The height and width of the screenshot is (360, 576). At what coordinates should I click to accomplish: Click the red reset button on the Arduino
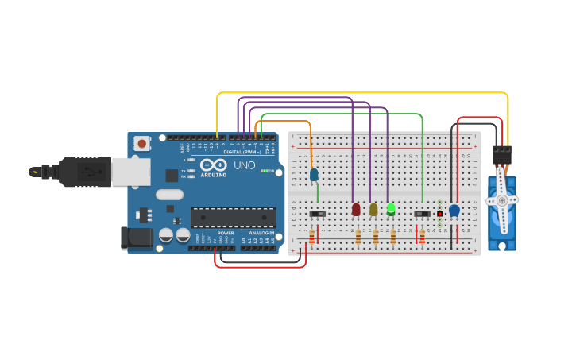(x=141, y=144)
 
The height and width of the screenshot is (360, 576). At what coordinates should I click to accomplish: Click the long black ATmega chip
(x=233, y=218)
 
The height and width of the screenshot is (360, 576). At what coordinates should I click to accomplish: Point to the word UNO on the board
(x=244, y=165)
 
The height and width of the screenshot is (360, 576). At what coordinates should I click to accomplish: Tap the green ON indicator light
(x=263, y=171)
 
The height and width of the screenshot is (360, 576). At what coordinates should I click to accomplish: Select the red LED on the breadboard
(x=356, y=210)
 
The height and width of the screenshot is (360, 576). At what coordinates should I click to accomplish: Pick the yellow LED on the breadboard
(x=373, y=210)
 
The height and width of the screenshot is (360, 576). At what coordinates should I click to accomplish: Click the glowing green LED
(x=391, y=209)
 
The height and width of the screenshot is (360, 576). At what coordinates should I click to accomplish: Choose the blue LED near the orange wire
(x=314, y=174)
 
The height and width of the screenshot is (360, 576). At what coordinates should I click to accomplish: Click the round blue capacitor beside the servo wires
(x=454, y=211)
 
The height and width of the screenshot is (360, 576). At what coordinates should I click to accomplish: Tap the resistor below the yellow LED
(x=376, y=236)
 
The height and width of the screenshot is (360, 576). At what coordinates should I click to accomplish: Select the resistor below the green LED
(x=393, y=236)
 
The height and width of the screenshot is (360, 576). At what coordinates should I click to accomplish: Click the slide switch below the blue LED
(x=317, y=214)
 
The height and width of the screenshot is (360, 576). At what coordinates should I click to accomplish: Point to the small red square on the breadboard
(x=439, y=214)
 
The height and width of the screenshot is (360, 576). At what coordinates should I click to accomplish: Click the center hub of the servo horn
(x=501, y=201)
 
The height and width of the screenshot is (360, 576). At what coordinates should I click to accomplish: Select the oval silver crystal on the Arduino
(x=169, y=195)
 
